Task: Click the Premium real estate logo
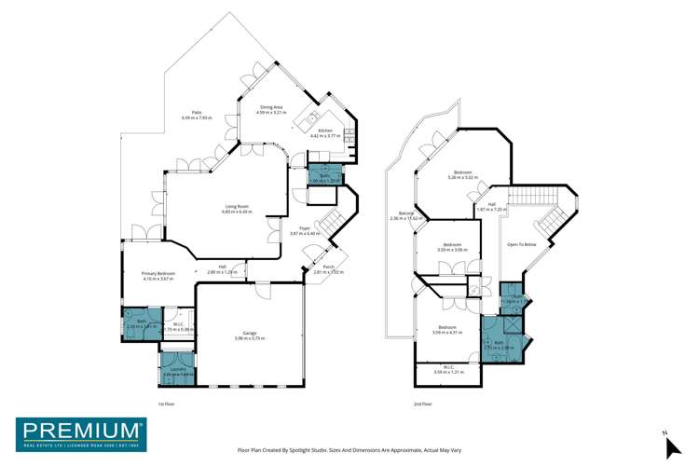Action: tap(80, 434)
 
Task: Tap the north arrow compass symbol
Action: tap(671, 445)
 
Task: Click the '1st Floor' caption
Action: tap(166, 404)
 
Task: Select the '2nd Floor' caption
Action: tap(423, 404)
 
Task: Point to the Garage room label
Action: tap(250, 335)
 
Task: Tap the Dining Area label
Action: tap(271, 109)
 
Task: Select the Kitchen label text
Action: tap(325, 132)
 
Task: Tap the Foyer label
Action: tap(305, 229)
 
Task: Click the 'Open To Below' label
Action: tap(521, 244)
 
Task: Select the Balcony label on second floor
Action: tap(405, 215)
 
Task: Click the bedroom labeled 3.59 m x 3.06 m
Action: tap(448, 247)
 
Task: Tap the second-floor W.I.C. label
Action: tap(448, 368)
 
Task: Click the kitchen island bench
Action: tap(307, 120)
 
